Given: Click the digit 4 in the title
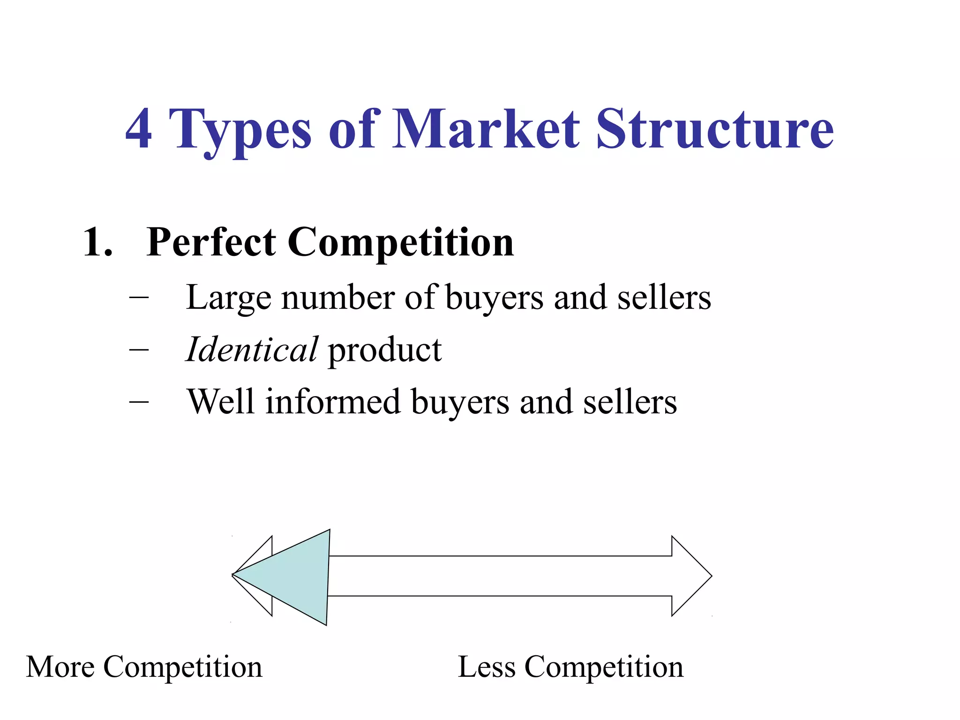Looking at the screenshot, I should click(x=139, y=128).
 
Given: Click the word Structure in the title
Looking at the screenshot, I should click(x=714, y=128).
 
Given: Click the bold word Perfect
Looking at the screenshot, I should click(x=211, y=242).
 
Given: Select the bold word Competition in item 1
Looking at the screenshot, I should click(x=400, y=242).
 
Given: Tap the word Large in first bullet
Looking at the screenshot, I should click(x=228, y=298).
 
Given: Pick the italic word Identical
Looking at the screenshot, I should click(x=252, y=350).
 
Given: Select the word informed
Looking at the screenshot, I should click(x=333, y=402).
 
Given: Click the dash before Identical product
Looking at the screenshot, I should click(x=139, y=350).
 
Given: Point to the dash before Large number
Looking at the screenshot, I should click(x=139, y=297).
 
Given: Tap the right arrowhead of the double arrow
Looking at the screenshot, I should click(x=689, y=576).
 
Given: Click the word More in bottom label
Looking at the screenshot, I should click(x=60, y=667).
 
